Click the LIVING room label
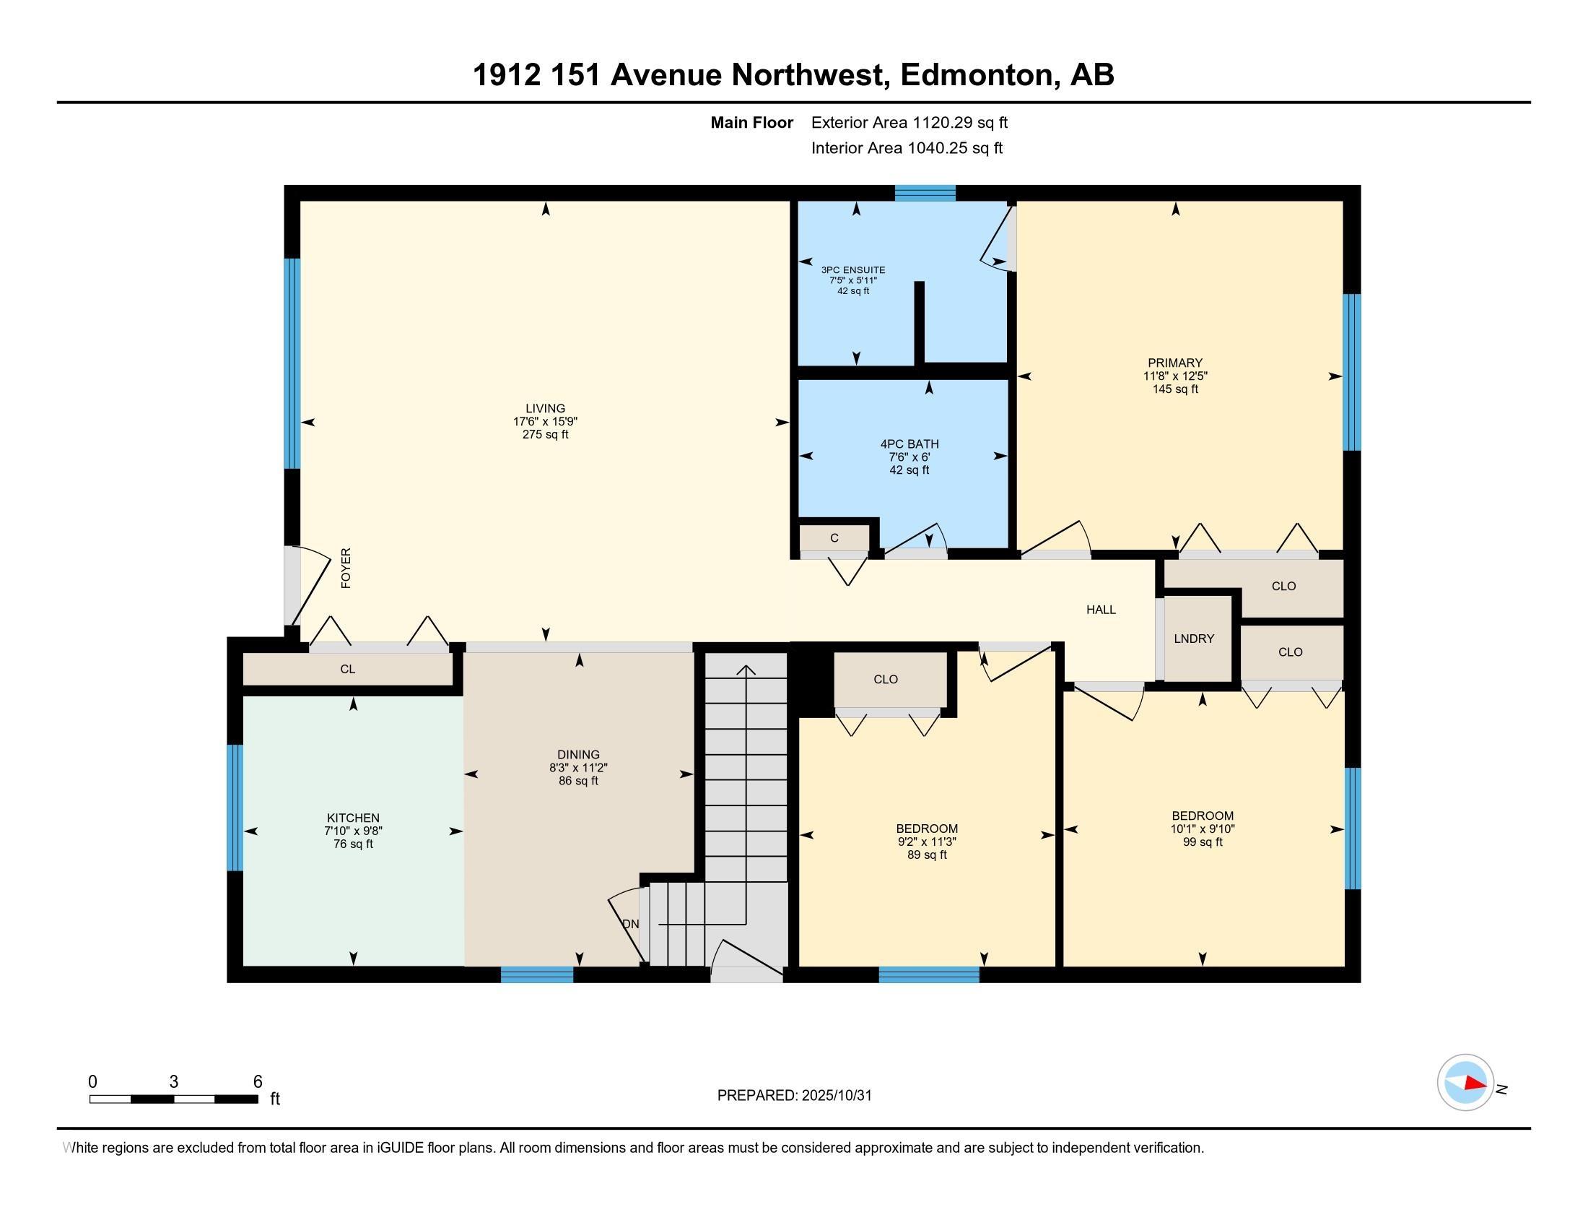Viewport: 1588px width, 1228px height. [544, 408]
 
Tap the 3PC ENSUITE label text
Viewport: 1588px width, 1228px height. [853, 270]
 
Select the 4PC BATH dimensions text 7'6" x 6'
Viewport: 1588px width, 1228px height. [909, 457]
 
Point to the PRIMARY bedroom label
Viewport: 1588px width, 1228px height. [1174, 363]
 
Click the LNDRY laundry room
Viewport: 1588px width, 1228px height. [1193, 639]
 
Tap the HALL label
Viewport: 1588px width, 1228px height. [1100, 610]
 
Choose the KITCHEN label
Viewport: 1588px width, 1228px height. [353, 818]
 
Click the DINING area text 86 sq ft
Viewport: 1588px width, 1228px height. [578, 781]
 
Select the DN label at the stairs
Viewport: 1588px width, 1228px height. [630, 924]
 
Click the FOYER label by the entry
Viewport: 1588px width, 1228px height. [346, 568]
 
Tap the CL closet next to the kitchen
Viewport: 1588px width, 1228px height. [348, 669]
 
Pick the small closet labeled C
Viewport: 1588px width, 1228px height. [834, 538]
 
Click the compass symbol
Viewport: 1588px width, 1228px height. [1465, 1082]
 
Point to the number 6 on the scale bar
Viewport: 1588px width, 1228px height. [257, 1082]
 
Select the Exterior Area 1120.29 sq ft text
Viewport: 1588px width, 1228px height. [909, 122]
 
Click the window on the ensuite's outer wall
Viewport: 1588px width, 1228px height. [924, 193]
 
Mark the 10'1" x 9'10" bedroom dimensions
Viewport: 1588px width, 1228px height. [1202, 829]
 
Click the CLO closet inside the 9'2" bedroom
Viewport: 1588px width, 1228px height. [885, 679]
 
